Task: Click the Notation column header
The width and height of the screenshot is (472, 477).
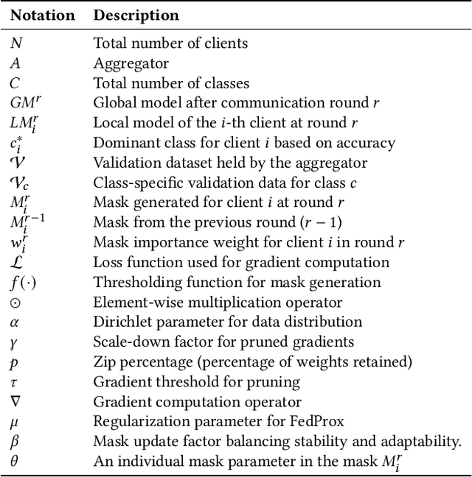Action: pyautogui.click(x=42, y=15)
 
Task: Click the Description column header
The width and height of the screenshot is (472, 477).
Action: pyautogui.click(x=136, y=15)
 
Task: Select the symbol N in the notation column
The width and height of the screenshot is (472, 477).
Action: pyautogui.click(x=15, y=44)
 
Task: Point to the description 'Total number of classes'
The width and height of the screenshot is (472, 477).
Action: pyautogui.click(x=171, y=83)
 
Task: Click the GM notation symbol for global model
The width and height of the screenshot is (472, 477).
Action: pyautogui.click(x=23, y=103)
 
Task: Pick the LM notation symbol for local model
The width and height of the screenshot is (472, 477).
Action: pyautogui.click(x=21, y=123)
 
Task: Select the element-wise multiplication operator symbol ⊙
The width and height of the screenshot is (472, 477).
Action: pyautogui.click(x=15, y=302)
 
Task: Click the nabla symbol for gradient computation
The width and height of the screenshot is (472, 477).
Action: pyautogui.click(x=15, y=401)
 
